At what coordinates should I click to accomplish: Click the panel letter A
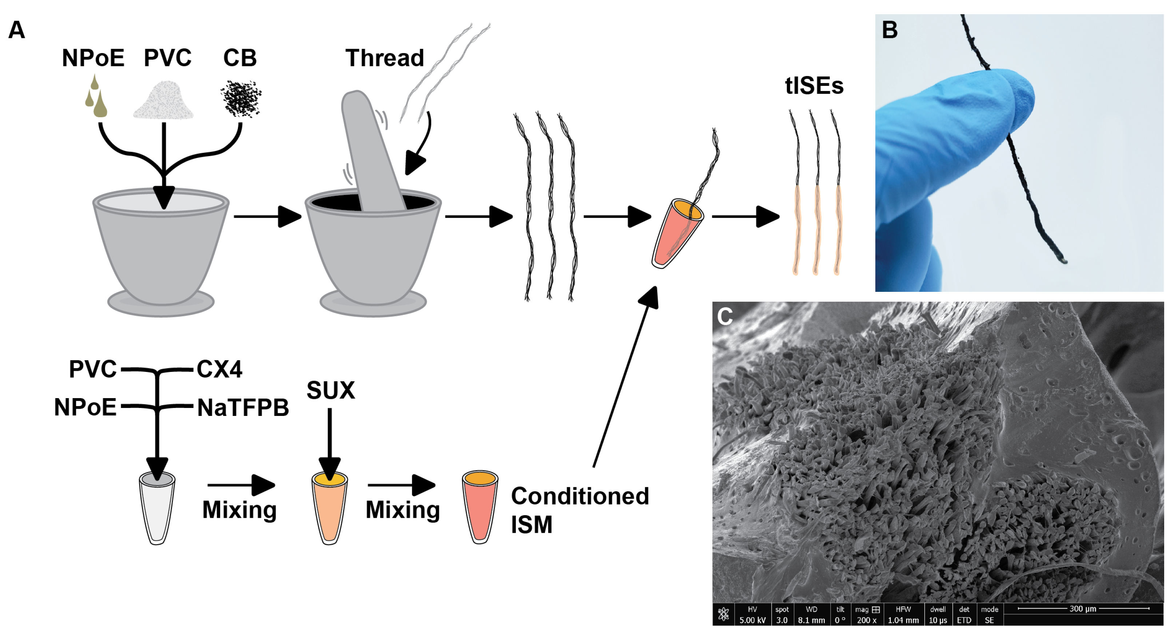(x=17, y=30)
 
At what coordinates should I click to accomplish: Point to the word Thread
(x=385, y=58)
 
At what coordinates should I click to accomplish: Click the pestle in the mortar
(x=371, y=150)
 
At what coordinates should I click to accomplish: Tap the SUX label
(x=330, y=390)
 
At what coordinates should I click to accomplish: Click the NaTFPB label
(x=243, y=408)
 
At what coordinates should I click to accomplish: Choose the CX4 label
(x=219, y=369)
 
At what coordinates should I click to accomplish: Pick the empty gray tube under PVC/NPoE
(x=157, y=508)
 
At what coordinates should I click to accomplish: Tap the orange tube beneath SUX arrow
(x=330, y=508)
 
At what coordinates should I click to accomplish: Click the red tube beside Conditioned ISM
(x=479, y=507)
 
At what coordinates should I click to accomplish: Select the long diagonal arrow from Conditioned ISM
(x=625, y=378)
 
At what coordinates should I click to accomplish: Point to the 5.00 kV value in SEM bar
(x=752, y=620)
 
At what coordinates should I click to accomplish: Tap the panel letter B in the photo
(x=890, y=30)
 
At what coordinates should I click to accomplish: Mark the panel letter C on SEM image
(x=725, y=316)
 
